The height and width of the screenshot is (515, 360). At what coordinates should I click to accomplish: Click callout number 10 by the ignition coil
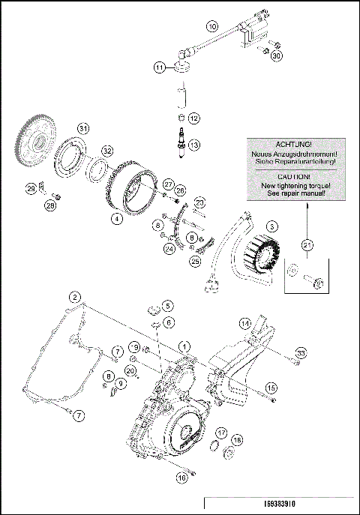pos(212,27)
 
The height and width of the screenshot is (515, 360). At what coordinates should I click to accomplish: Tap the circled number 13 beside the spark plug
pos(193,145)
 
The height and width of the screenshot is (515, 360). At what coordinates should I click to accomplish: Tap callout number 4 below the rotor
pos(116,220)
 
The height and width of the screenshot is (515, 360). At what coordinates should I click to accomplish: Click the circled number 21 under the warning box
pos(305,244)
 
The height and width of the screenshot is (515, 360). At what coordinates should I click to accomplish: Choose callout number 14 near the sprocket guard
pos(244,323)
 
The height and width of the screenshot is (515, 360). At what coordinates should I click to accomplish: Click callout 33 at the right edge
pos(301,352)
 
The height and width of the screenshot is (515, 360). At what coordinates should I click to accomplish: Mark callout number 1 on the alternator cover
pos(184,347)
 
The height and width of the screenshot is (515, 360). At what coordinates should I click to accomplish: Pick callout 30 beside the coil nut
pos(277,56)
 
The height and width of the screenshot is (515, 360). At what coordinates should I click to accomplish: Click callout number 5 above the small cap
pos(168,306)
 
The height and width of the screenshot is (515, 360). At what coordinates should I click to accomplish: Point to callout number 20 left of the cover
pos(130,370)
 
